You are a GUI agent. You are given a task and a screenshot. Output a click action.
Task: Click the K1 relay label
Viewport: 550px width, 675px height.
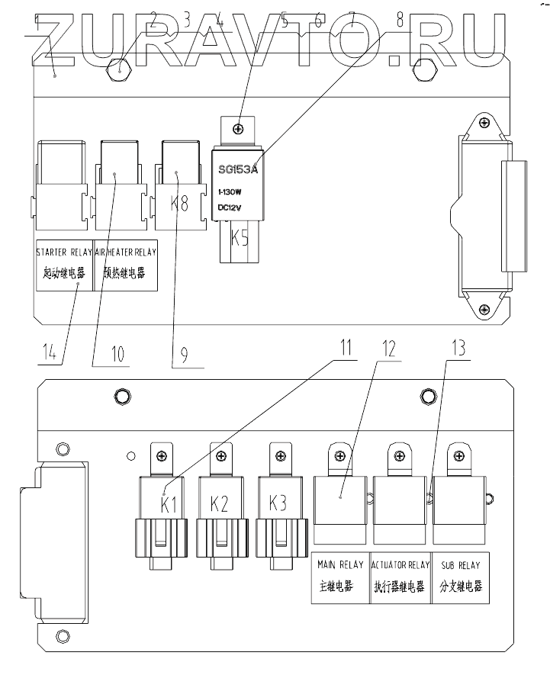point(169,504)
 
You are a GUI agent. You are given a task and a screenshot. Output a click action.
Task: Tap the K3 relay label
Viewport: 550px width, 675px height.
point(278,504)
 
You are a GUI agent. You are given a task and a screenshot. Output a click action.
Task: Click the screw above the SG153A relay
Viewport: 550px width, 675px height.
point(239,130)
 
